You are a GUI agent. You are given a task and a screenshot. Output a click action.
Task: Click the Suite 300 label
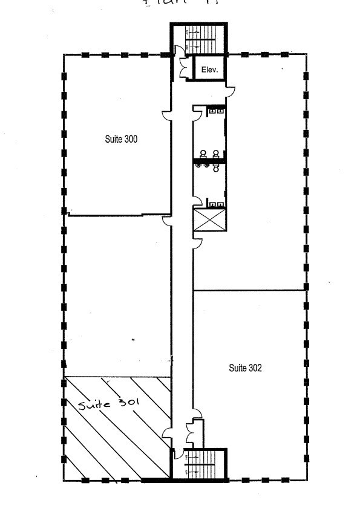(x=121, y=139)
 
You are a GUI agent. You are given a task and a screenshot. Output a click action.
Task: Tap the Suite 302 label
(x=245, y=367)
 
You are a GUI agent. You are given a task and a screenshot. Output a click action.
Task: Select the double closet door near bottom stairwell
(x=191, y=431)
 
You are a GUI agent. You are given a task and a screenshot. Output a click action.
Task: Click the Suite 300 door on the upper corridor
(x=166, y=115)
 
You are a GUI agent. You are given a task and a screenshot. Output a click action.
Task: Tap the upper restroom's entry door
(x=197, y=111)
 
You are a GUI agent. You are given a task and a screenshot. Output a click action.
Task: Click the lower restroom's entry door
(x=197, y=203)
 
